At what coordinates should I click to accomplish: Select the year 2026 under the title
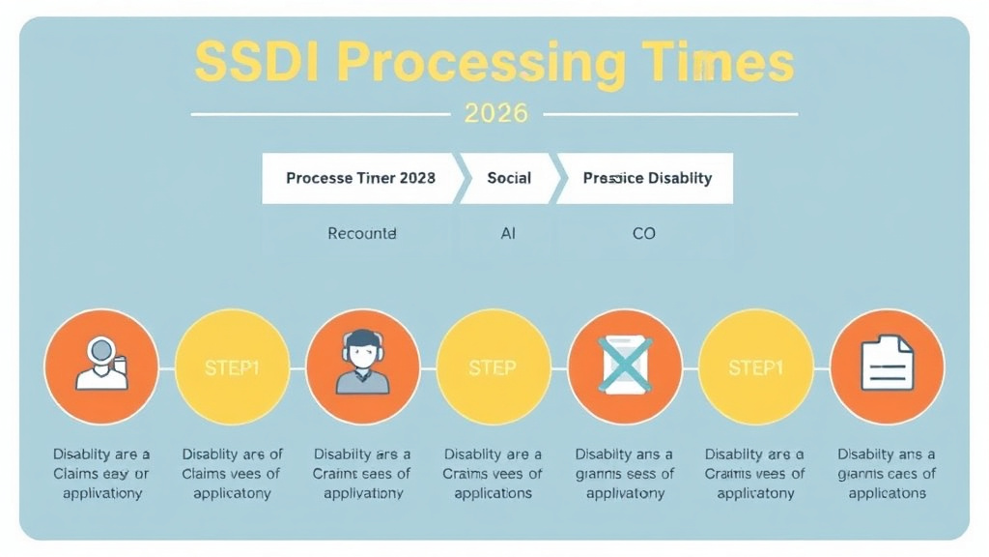(x=495, y=113)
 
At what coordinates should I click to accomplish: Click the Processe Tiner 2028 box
(x=359, y=178)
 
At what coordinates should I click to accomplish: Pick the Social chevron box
(x=509, y=178)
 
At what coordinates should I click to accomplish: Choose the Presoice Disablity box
(x=646, y=178)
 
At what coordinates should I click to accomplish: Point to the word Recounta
(x=362, y=233)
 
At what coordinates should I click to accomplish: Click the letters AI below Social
(x=508, y=233)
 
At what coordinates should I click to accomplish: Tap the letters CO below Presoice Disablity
(x=643, y=233)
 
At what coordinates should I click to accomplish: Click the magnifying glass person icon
(x=101, y=366)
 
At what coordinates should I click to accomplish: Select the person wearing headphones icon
(x=362, y=366)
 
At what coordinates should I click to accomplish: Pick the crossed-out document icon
(x=624, y=366)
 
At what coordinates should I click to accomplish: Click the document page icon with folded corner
(x=886, y=366)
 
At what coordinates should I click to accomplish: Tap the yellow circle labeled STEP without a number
(x=493, y=367)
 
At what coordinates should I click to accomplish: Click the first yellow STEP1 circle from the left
(x=232, y=367)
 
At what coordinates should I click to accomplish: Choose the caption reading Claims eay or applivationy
(x=101, y=473)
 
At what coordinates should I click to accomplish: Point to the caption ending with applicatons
(x=886, y=473)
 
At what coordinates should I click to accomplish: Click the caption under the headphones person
(x=362, y=473)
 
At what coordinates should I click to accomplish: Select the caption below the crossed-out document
(x=624, y=473)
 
